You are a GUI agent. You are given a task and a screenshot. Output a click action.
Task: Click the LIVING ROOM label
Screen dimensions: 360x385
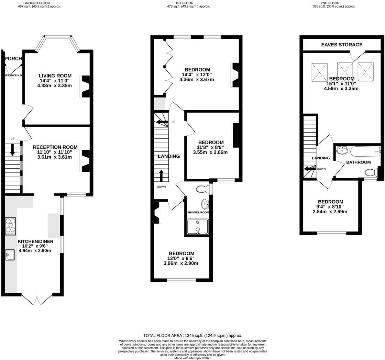[x=55, y=76]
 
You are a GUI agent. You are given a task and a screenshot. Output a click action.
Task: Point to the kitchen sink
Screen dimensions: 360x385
[x=10, y=255]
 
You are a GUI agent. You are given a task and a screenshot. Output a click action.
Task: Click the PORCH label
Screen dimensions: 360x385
[x=13, y=59]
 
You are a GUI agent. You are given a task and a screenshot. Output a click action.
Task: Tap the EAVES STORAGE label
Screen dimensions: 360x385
[x=342, y=45]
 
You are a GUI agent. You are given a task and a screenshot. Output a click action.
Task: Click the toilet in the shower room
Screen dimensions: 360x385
[x=203, y=189]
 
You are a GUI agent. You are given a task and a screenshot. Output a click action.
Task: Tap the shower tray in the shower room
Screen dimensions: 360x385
[x=198, y=227]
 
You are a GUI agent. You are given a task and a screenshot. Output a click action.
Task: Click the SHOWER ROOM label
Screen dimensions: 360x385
[x=198, y=212]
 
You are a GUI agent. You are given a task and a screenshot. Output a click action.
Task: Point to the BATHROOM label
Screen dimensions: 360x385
[x=358, y=162]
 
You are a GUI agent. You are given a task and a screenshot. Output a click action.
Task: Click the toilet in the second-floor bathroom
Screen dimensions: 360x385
[x=371, y=172]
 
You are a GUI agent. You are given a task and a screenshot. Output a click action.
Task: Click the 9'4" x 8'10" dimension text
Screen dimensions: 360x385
[x=330, y=207]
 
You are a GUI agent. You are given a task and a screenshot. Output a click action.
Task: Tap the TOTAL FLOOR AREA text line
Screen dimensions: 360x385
[x=192, y=335]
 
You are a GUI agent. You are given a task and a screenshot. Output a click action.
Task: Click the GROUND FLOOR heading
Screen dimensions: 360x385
[x=39, y=3]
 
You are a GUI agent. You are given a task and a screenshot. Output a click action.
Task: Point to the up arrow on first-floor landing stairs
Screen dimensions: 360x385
[x=161, y=175]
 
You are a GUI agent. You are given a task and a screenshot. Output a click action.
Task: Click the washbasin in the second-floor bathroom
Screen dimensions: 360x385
[x=342, y=150]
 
